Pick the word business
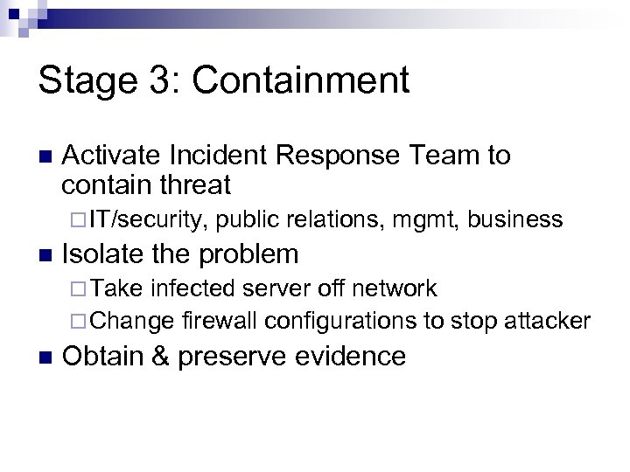(515, 219)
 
